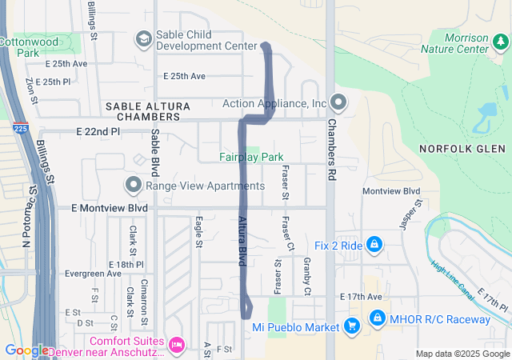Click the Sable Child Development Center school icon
coord(144,38)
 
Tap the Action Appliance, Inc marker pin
coord(338,102)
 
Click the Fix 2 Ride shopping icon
coord(374,245)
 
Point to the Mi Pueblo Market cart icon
coord(351,326)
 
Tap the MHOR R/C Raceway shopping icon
coord(378,319)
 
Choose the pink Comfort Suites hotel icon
coord(177,345)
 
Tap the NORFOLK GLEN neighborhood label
coord(462,149)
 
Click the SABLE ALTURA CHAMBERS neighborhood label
coord(148,112)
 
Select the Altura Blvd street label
coord(241,240)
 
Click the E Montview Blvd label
coord(110,208)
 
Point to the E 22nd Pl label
coord(98,131)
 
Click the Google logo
coord(26,350)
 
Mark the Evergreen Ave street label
coord(93,273)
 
